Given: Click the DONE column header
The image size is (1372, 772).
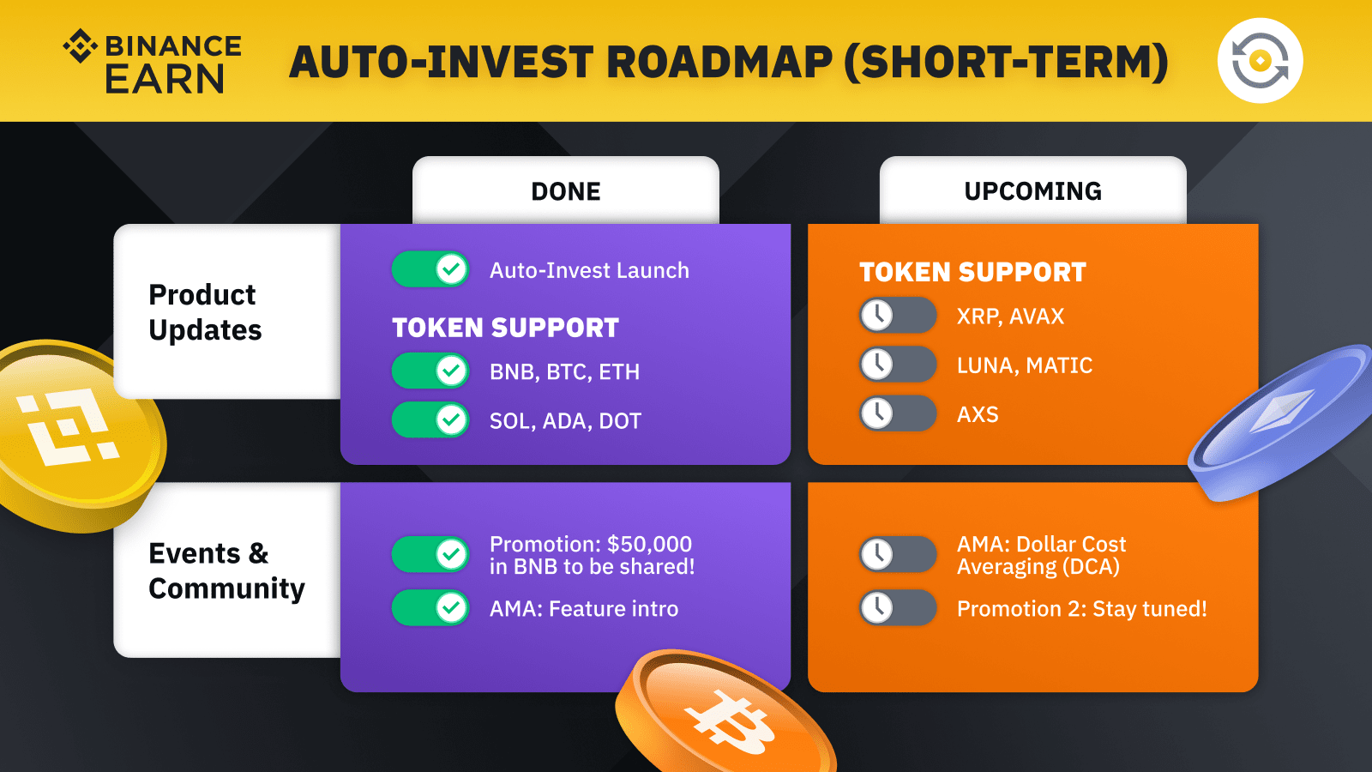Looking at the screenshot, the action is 566,191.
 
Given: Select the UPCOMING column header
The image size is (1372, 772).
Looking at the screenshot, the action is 1032,191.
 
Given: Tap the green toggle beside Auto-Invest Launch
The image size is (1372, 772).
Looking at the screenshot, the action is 430,269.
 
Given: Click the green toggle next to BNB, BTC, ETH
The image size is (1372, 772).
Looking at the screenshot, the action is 430,371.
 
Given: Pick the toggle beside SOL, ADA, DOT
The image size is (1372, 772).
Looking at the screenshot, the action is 430,419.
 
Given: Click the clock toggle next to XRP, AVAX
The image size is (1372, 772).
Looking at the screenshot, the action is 898,315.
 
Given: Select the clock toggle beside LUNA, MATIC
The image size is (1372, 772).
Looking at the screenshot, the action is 898,364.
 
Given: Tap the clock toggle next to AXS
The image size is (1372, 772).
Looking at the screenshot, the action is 898,413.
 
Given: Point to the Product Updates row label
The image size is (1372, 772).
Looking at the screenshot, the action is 205,312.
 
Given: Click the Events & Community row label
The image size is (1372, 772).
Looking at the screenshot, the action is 226,571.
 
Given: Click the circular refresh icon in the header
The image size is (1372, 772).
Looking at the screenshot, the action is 1260,61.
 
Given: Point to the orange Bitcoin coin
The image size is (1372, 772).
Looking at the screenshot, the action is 725,714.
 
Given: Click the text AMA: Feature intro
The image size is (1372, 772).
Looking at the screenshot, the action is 584,608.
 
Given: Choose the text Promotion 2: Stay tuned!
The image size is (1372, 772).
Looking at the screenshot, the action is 1081,608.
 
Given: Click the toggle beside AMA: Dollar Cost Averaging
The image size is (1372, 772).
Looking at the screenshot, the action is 898,554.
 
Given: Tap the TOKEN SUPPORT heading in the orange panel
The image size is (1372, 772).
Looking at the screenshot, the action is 972,272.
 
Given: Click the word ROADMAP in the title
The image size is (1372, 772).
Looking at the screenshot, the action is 719,62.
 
